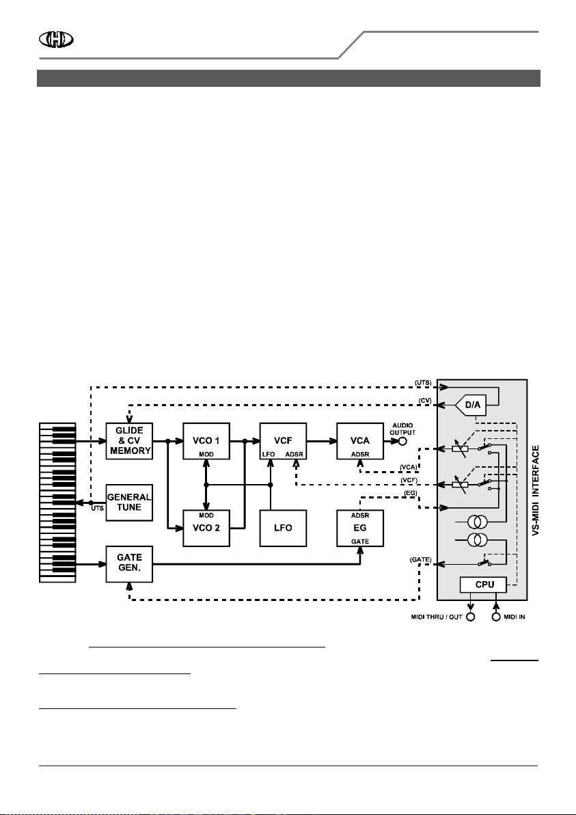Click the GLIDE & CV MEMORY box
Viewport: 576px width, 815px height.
[x=129, y=441]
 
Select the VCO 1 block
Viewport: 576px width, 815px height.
[x=206, y=441]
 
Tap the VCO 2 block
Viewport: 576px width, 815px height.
[x=206, y=528]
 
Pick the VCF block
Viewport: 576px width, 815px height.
[x=283, y=441]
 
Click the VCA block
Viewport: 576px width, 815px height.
[x=360, y=441]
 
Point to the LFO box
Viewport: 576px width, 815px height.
[x=283, y=528]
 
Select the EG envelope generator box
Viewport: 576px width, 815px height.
[x=360, y=528]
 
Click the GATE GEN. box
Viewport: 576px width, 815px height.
[x=129, y=564]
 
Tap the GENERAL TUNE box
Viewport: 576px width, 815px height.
[x=129, y=503]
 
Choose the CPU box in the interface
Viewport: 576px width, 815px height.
[x=484, y=585]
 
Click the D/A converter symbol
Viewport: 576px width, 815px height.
[x=471, y=405]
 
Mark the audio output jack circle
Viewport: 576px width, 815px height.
[x=401, y=441]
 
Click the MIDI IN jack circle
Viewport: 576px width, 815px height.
[x=496, y=617]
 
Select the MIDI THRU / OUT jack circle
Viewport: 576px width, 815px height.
[x=471, y=617]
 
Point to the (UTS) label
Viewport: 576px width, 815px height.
[x=423, y=383]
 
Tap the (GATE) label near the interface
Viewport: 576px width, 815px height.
[x=420, y=560]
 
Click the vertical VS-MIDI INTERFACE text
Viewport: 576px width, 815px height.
[x=536, y=491]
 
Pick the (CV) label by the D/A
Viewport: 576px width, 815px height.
[x=425, y=400]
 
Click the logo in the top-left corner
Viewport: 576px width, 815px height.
[x=56, y=40]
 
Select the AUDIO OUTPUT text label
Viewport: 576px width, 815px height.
[x=402, y=429]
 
